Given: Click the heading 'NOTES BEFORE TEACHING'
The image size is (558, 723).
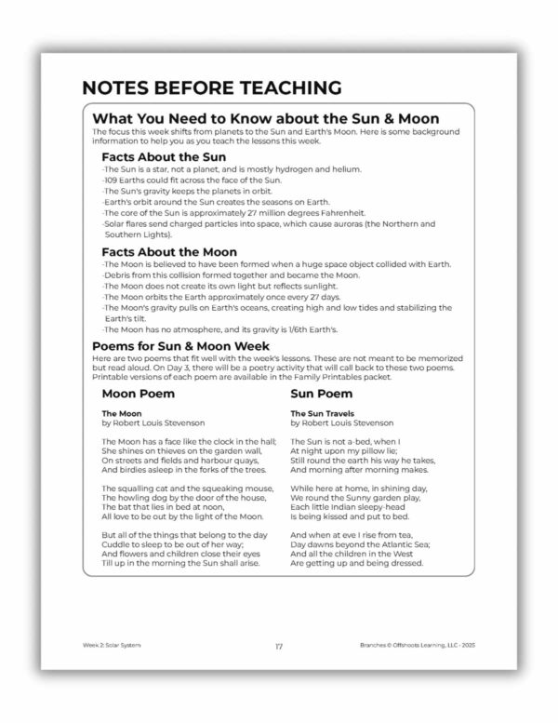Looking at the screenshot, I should [x=212, y=88].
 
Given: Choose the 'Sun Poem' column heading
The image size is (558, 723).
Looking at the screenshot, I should [x=322, y=393].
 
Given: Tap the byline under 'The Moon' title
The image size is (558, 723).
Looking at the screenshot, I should [x=146, y=422].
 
